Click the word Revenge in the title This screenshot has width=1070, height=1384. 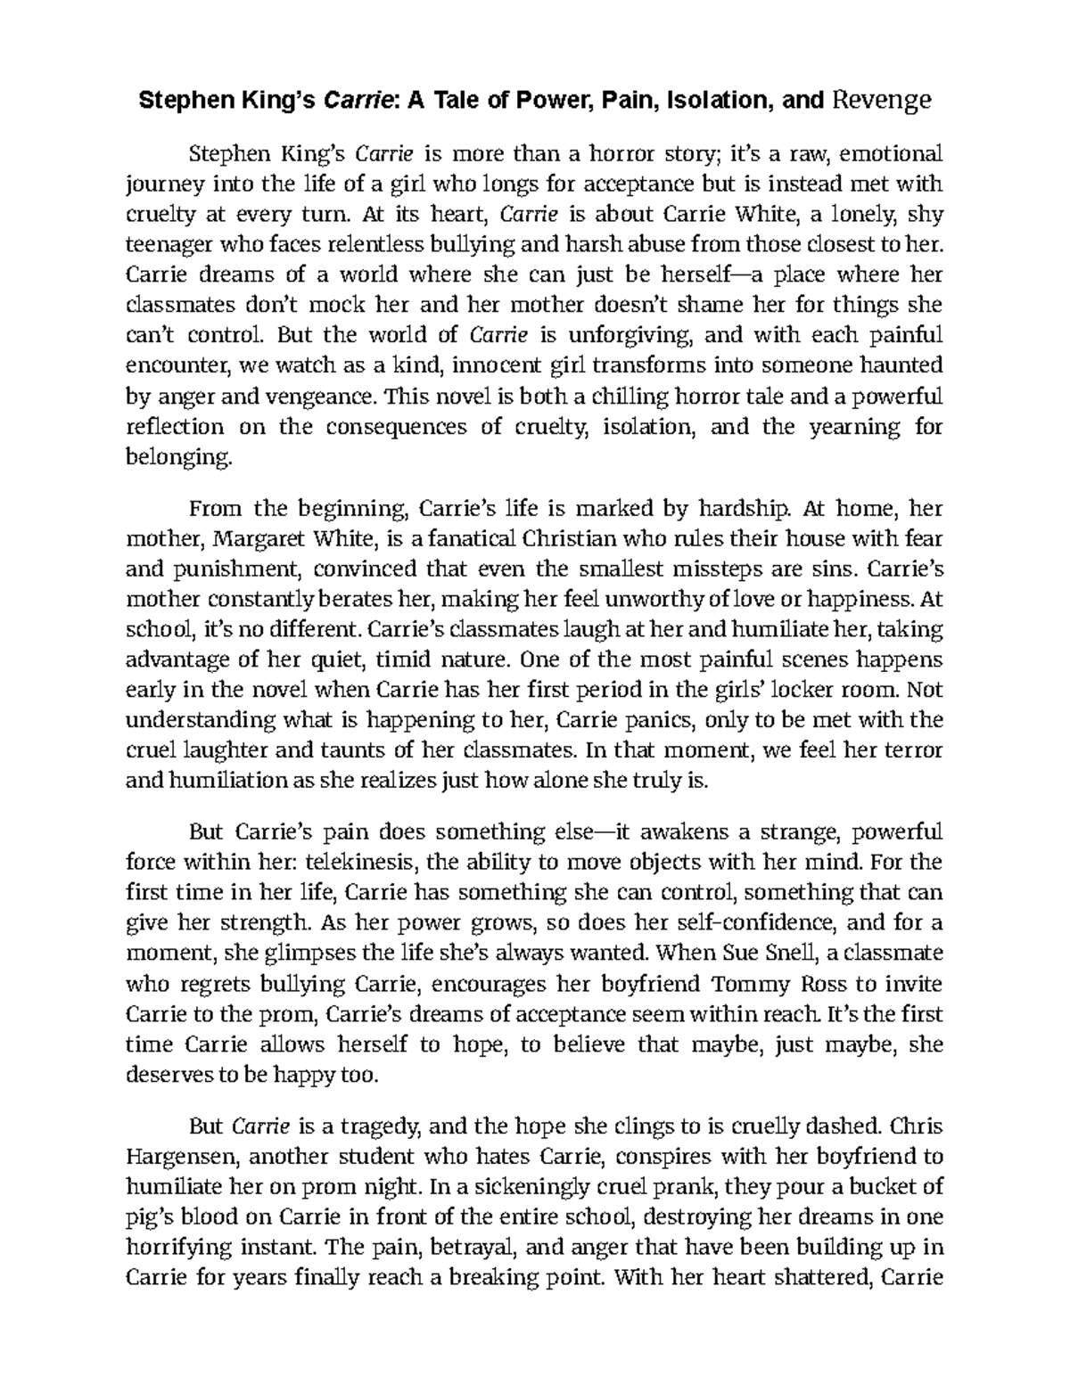pyautogui.click(x=881, y=100)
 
